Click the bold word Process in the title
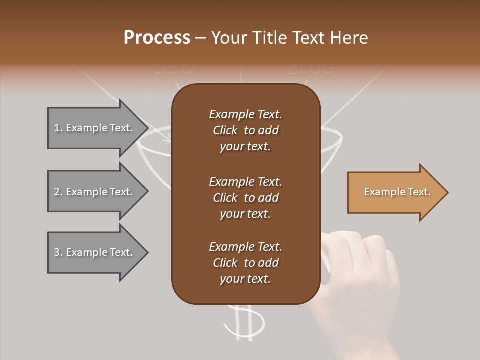coord(157,38)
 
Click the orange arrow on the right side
coord(395,192)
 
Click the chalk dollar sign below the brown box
coord(244,322)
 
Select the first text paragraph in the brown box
coord(245,130)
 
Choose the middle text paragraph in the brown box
coord(245,197)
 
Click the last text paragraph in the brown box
coord(245,263)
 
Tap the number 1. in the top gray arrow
coord(58,128)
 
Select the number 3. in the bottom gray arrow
coord(58,252)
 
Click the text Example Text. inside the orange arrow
coord(397,192)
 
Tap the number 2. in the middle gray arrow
coord(58,192)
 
